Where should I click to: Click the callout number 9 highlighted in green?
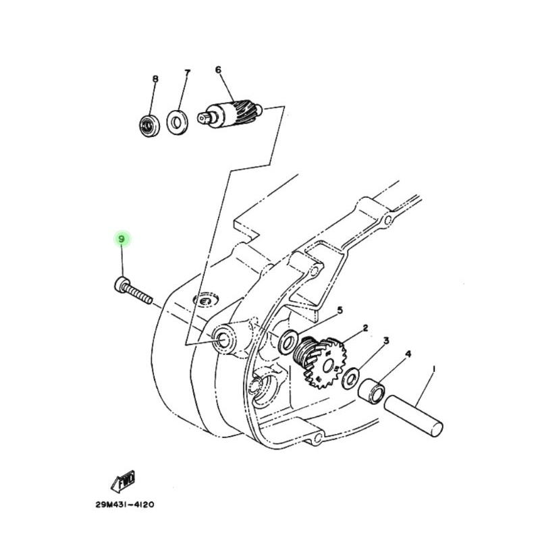point(122,239)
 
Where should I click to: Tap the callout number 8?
point(155,79)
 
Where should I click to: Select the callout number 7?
point(187,73)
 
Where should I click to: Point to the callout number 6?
point(218,70)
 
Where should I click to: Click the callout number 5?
point(340,310)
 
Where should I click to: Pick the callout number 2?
point(365,328)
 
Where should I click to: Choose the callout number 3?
point(386,341)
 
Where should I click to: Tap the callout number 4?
point(408,354)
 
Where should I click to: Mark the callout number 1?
point(433,369)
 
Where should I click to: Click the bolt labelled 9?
point(133,291)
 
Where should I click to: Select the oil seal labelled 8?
point(147,125)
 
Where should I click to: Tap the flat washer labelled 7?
point(178,122)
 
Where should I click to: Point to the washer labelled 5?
point(288,342)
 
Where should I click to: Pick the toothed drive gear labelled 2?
point(319,362)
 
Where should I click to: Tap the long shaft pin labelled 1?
point(413,416)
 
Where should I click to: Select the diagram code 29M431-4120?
point(125,505)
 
